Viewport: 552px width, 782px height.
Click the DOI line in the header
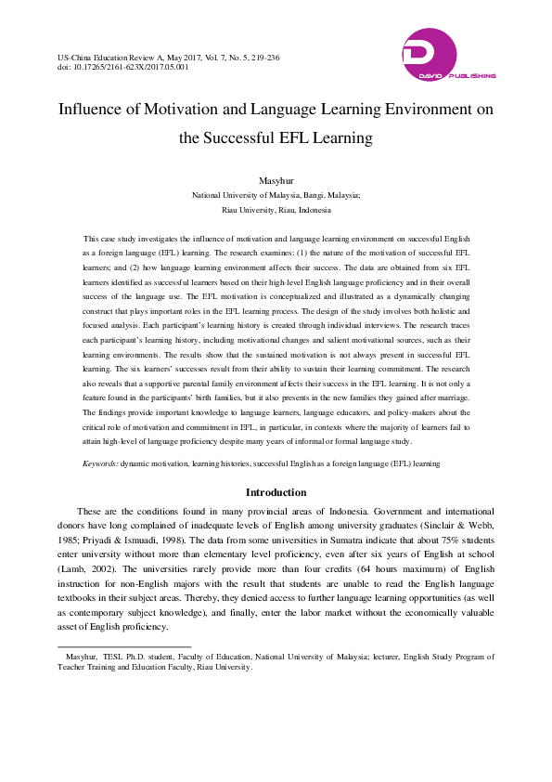click(x=122, y=67)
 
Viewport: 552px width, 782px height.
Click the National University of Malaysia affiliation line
click(x=276, y=196)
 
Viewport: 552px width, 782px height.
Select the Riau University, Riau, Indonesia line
click(x=276, y=211)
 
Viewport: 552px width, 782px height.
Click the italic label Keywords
click(x=99, y=462)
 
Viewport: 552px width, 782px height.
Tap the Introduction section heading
click(x=276, y=491)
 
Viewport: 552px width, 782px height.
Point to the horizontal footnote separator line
click(x=124, y=645)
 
